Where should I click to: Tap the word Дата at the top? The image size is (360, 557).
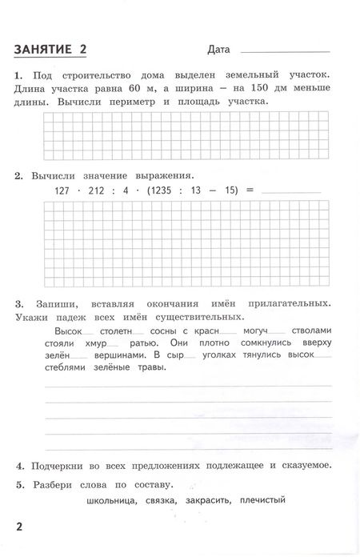[x=218, y=50]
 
